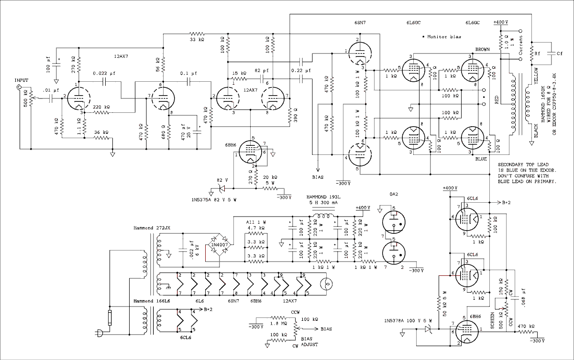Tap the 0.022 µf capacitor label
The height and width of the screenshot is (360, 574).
pyautogui.click(x=103, y=73)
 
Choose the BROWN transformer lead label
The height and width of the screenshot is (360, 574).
pyautogui.click(x=484, y=49)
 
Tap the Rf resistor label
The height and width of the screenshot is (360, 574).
pyautogui.click(x=538, y=54)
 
